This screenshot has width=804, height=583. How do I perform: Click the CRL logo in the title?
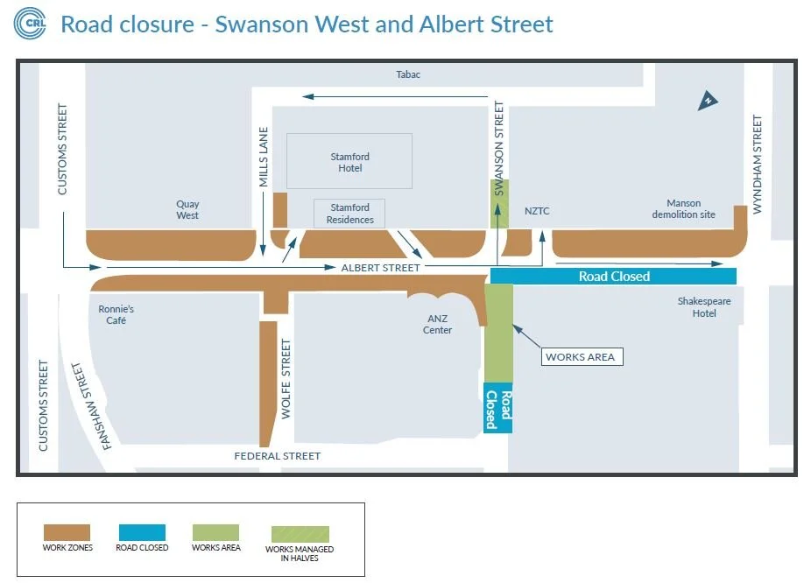[x=30, y=25]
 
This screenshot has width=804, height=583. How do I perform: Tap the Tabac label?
[x=408, y=74]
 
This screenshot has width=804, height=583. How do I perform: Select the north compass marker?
[x=708, y=102]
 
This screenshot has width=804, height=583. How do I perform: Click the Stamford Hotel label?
[x=349, y=162]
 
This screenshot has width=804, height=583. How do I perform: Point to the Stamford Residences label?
[x=350, y=214]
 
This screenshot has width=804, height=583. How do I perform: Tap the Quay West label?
[x=187, y=209]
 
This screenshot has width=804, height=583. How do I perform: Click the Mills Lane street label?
[x=264, y=158]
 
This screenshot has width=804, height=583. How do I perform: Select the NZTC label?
[x=536, y=211]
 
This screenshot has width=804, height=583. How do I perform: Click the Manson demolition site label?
[x=683, y=208]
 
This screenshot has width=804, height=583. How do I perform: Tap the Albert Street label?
[x=381, y=267]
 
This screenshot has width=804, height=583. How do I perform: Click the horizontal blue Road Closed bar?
[x=613, y=276]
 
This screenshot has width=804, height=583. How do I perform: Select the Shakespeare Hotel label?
[x=703, y=307]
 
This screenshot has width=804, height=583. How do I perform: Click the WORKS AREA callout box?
[x=580, y=357]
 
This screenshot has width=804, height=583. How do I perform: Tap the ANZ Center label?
[x=437, y=324]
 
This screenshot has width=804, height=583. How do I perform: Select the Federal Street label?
[x=278, y=456]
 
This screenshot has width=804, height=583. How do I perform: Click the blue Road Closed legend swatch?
[x=141, y=532]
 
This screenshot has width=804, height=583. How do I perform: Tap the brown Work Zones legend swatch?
[x=67, y=532]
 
